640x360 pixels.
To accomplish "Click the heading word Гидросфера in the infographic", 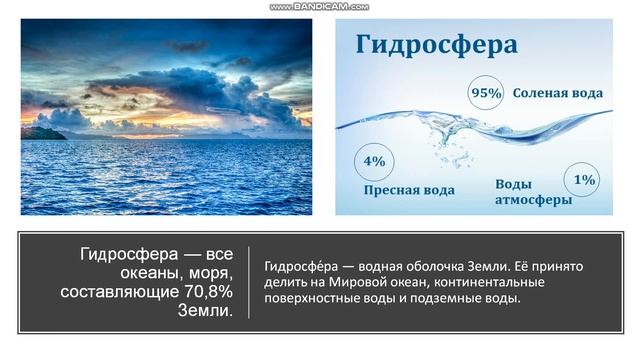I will point(436,46).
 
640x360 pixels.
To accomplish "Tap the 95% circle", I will point(486,93).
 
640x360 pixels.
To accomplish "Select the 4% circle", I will point(374,160).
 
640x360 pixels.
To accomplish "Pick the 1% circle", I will point(584,180).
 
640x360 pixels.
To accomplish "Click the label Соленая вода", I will point(558,93).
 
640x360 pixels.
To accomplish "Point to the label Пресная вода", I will point(409,190).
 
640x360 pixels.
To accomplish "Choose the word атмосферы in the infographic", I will point(534,200).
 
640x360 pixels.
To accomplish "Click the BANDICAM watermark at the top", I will point(319,6).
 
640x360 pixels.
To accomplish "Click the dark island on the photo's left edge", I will point(37,132).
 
